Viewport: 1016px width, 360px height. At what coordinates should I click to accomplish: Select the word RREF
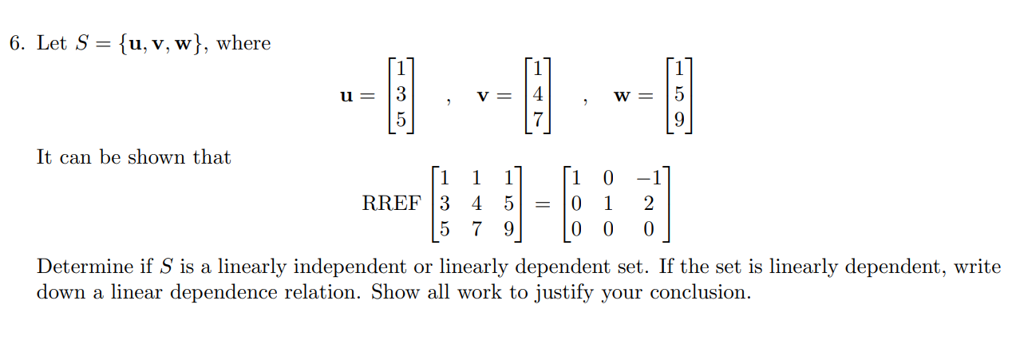[391, 204]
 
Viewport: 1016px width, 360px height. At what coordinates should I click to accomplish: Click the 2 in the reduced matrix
[648, 204]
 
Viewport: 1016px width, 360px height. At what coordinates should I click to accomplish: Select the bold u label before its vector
[347, 96]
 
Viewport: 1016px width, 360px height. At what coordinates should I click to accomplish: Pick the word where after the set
[244, 44]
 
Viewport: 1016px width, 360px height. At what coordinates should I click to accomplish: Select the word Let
[52, 44]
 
